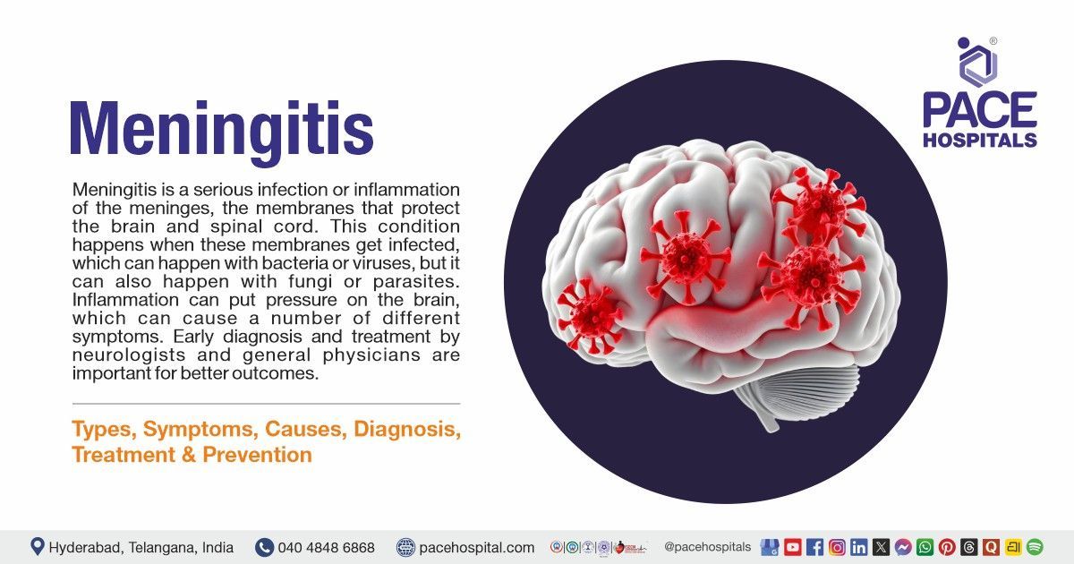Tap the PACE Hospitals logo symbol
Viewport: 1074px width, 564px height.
pyautogui.click(x=977, y=61)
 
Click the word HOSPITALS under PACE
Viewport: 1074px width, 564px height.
pyautogui.click(x=979, y=140)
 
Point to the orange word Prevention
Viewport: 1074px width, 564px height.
pyautogui.click(x=257, y=455)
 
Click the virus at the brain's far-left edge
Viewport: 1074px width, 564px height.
pyautogui.click(x=590, y=314)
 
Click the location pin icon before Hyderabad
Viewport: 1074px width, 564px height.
pyautogui.click(x=38, y=546)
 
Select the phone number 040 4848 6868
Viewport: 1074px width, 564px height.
pyautogui.click(x=326, y=547)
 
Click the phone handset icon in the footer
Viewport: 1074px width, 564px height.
pyautogui.click(x=264, y=547)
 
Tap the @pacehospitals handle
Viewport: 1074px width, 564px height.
pyautogui.click(x=708, y=546)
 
